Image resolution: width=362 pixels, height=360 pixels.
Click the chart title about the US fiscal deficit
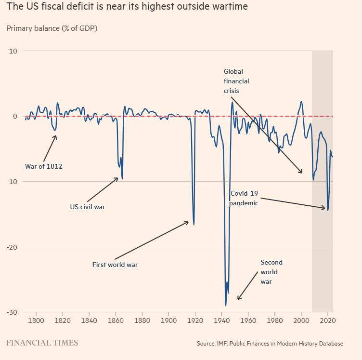[128, 8]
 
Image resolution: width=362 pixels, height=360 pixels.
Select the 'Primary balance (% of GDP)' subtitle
[52, 28]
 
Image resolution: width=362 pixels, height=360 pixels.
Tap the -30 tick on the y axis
[12, 312]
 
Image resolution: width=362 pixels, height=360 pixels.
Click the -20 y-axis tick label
[12, 247]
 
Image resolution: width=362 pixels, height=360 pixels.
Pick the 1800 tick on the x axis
[36, 320]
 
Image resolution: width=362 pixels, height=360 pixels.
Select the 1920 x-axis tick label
[195, 320]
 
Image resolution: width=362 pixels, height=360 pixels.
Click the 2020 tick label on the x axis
[327, 320]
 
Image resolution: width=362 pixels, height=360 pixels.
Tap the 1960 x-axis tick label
[248, 320]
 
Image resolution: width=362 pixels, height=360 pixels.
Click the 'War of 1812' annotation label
[44, 167]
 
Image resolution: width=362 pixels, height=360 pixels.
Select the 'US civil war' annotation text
[88, 207]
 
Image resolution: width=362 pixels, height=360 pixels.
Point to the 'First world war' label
[115, 265]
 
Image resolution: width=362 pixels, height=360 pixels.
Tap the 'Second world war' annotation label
[271, 272]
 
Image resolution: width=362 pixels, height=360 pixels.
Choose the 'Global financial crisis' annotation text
[236, 81]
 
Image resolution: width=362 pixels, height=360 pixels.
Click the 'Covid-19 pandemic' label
[244, 198]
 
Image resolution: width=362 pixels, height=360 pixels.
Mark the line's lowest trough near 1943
[225, 306]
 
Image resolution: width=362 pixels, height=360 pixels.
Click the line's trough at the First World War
[194, 225]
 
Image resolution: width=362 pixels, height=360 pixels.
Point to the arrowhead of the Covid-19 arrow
[325, 208]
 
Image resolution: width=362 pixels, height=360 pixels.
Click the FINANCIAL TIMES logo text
[42, 343]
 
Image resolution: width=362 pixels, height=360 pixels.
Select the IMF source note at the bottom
[270, 344]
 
